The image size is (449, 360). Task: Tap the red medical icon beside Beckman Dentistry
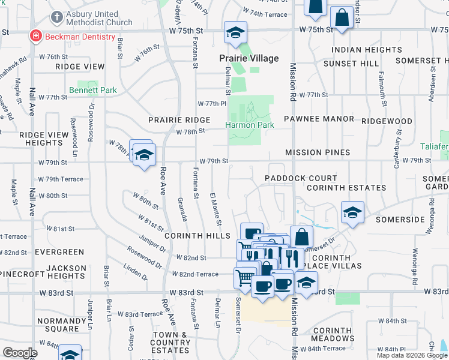[x=36, y=37]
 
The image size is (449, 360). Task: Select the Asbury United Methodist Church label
[x=99, y=18]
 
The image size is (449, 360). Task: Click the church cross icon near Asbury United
[x=56, y=17]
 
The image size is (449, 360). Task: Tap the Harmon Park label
[x=249, y=125]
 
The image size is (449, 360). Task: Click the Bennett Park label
[x=92, y=90]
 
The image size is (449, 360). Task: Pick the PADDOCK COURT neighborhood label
[x=301, y=178]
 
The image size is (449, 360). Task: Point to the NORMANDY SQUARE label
[x=58, y=325]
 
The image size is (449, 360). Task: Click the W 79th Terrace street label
[x=61, y=179]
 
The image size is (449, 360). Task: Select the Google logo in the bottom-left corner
[x=19, y=353]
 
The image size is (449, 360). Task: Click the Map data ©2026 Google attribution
[x=412, y=355]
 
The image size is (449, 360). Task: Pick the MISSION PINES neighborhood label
[x=318, y=152]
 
